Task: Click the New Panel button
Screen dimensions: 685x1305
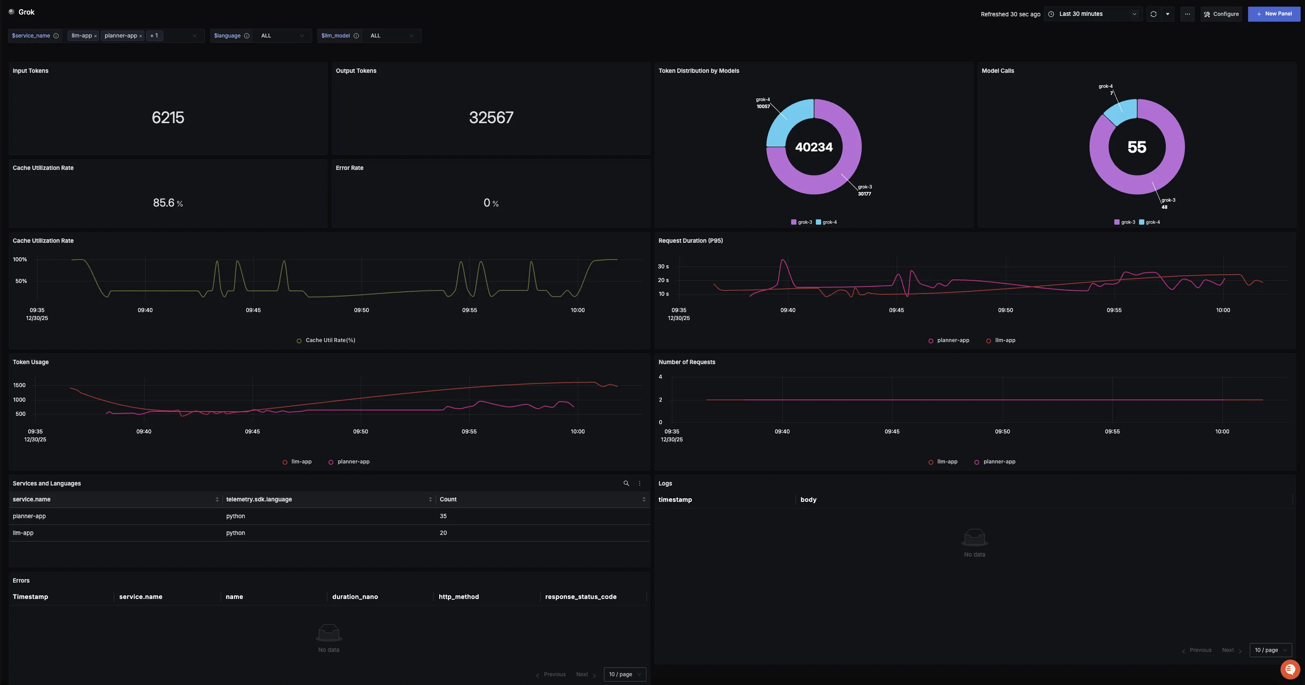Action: point(1274,14)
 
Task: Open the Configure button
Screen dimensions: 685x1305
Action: point(1221,14)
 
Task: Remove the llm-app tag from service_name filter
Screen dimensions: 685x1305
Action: point(95,36)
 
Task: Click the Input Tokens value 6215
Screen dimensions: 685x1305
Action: point(168,117)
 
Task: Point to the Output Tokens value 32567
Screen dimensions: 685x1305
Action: point(491,117)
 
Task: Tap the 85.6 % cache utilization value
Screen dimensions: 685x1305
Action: point(168,203)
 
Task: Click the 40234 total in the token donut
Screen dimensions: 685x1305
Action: point(814,147)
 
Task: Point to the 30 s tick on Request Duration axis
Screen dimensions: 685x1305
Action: point(663,267)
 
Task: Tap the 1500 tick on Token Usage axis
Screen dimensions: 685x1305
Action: point(19,385)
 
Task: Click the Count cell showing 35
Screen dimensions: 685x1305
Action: point(443,516)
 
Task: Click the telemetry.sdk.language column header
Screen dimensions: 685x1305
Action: point(259,499)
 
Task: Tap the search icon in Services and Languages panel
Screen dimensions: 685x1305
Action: point(626,483)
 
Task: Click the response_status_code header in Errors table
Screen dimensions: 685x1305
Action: point(581,597)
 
